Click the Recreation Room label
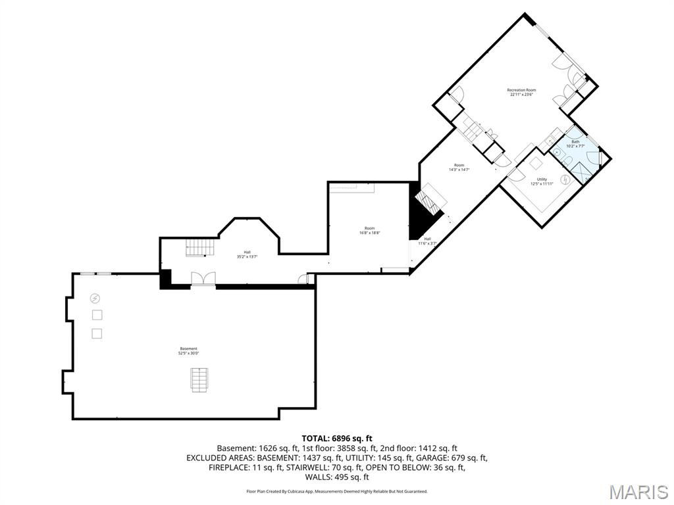(x=521, y=90)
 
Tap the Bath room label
(x=575, y=142)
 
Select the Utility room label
(x=542, y=179)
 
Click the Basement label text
(x=189, y=349)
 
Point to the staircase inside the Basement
(x=199, y=380)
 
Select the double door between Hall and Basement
(x=203, y=279)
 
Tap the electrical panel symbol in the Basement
(x=95, y=298)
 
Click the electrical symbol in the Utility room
(x=565, y=180)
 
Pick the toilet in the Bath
(x=568, y=161)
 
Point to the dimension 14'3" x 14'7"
(x=459, y=170)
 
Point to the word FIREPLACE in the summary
(x=232, y=468)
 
